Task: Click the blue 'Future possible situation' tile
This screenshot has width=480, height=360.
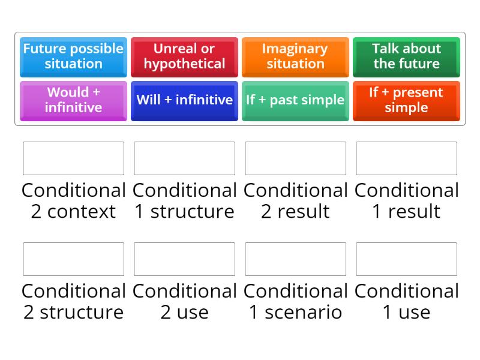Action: click(x=73, y=56)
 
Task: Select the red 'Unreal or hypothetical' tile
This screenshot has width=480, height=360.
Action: click(x=184, y=56)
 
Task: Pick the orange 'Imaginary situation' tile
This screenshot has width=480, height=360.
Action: click(x=295, y=56)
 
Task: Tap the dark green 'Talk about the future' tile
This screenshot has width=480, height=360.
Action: click(x=406, y=56)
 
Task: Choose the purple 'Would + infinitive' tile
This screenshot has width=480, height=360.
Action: click(x=73, y=100)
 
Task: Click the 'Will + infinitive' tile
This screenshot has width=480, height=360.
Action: click(x=184, y=100)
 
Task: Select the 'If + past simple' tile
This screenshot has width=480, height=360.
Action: click(x=295, y=100)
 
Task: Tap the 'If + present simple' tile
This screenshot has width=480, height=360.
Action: click(x=406, y=100)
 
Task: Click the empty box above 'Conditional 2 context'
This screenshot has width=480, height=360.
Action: click(x=73, y=158)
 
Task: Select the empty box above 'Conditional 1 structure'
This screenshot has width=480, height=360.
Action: click(x=184, y=158)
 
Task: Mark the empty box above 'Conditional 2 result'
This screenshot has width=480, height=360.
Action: click(x=295, y=158)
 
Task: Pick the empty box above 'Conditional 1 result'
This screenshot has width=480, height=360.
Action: click(x=406, y=158)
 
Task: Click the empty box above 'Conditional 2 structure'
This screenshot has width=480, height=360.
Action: click(x=73, y=259)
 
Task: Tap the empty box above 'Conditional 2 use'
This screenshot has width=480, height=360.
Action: click(x=184, y=259)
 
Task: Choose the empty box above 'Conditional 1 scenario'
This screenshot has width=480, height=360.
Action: click(x=295, y=259)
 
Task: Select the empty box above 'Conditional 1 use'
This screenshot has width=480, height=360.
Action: click(x=406, y=259)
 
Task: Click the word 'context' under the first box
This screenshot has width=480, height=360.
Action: click(x=82, y=212)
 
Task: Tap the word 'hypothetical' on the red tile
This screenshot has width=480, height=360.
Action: click(x=184, y=64)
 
